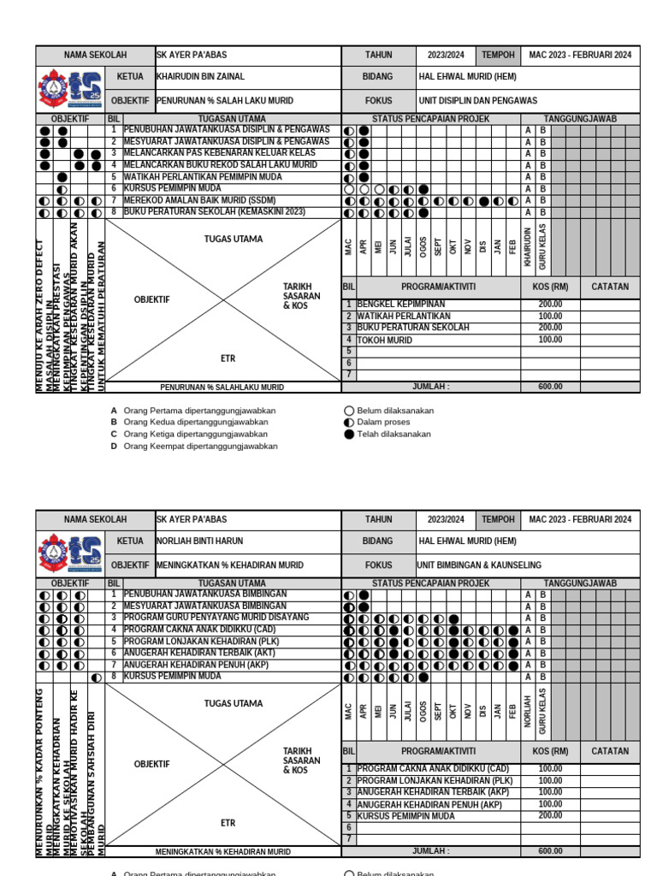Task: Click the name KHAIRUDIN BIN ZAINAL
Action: pos(198,77)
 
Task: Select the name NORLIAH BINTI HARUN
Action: pos(199,542)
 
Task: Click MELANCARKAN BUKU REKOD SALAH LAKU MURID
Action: pos(220,165)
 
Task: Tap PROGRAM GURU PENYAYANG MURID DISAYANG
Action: pos(216,618)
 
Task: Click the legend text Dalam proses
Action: pos(383,423)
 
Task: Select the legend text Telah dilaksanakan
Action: pos(394,435)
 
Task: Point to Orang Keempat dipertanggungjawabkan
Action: pos(200,447)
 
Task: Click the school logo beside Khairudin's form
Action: pos(70,90)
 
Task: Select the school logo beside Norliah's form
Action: pos(70,554)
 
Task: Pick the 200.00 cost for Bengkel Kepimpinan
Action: pos(550,305)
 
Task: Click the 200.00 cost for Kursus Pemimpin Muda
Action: pos(550,816)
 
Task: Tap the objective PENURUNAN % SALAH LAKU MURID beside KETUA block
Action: pos(224,101)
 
